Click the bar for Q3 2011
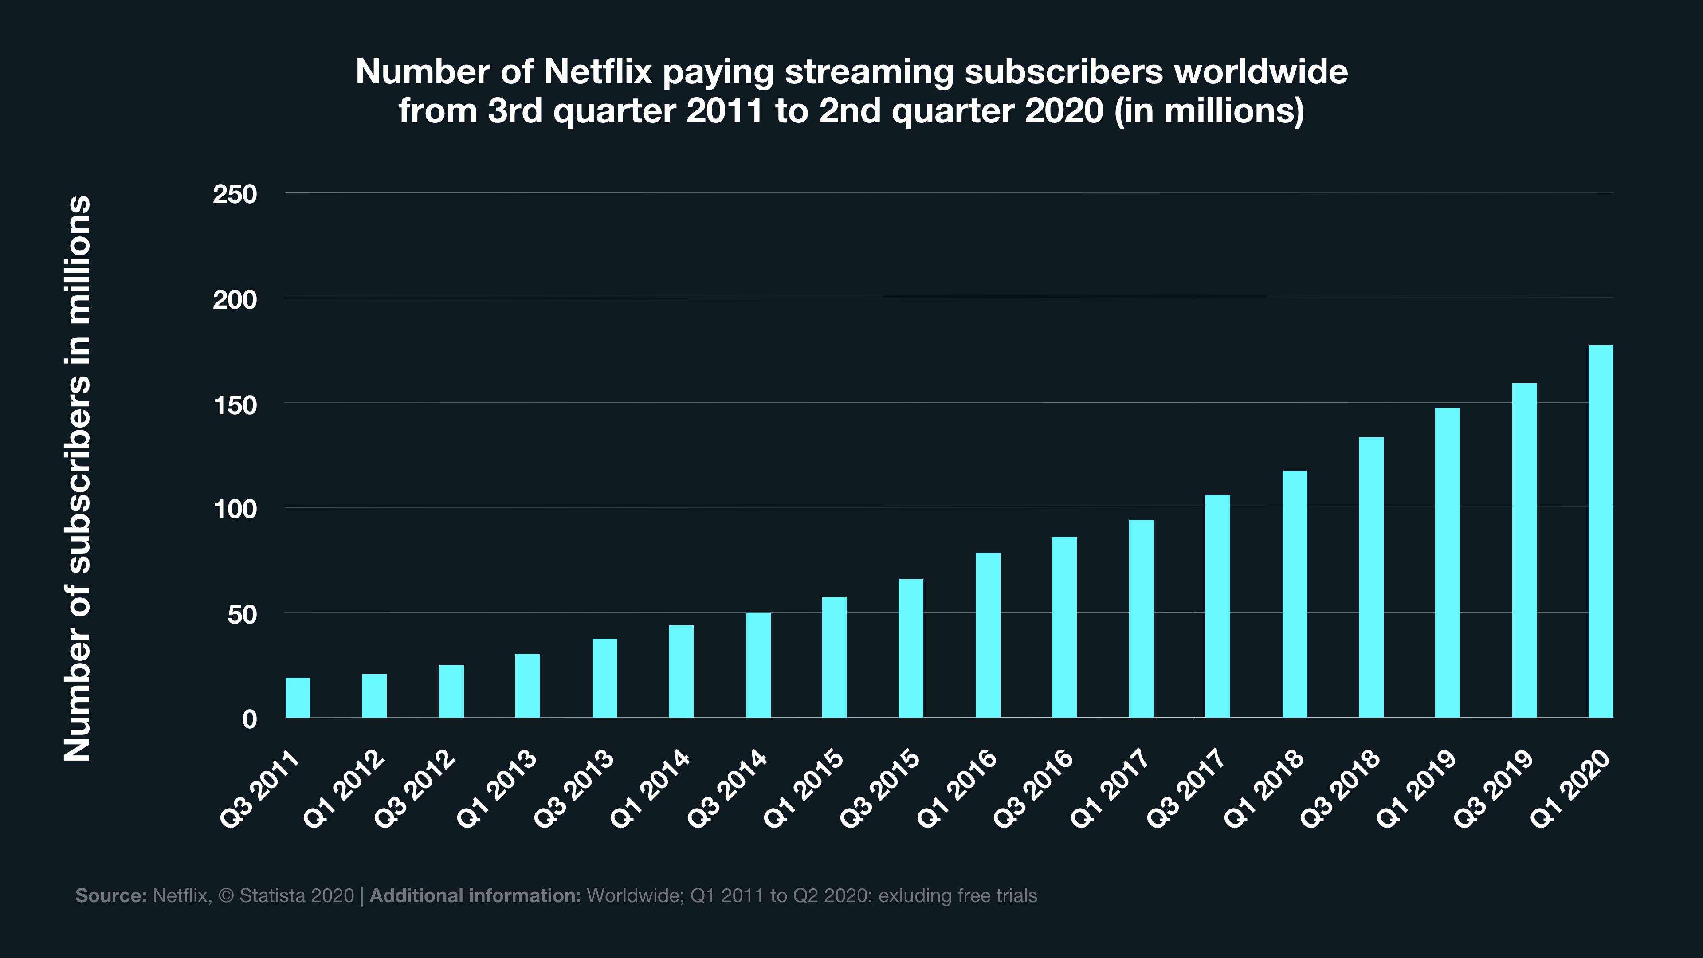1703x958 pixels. [298, 698]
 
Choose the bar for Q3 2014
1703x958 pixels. [757, 665]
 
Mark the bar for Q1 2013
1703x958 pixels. [528, 686]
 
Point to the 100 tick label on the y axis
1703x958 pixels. [235, 510]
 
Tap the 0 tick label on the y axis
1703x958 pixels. [249, 719]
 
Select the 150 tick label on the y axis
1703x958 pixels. [235, 405]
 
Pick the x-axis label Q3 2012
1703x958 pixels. [415, 788]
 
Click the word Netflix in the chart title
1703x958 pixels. [598, 71]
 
